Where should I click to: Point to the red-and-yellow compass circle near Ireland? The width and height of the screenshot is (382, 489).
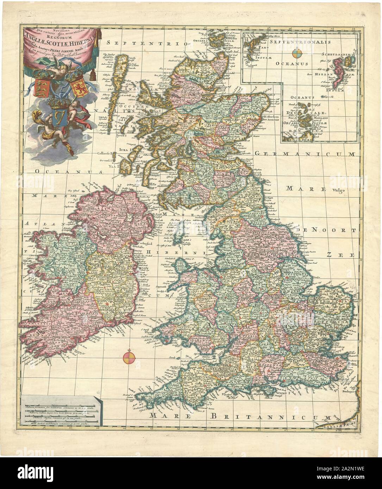pos(128,358)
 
